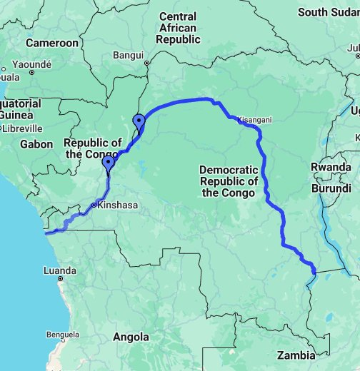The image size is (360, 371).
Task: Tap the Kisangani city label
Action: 255,121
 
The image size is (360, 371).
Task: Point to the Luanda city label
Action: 60,270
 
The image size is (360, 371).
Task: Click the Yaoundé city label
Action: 32,63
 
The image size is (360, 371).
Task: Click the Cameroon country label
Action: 51,43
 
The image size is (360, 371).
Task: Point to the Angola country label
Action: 131,337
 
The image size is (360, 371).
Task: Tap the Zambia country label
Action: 296,355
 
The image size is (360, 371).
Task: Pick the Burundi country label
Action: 331,189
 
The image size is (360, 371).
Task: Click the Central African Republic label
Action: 179,28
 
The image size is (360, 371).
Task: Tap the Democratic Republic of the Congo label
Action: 229,181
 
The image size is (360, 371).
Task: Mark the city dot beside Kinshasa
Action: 94,205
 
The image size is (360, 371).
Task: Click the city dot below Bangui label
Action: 146,63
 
